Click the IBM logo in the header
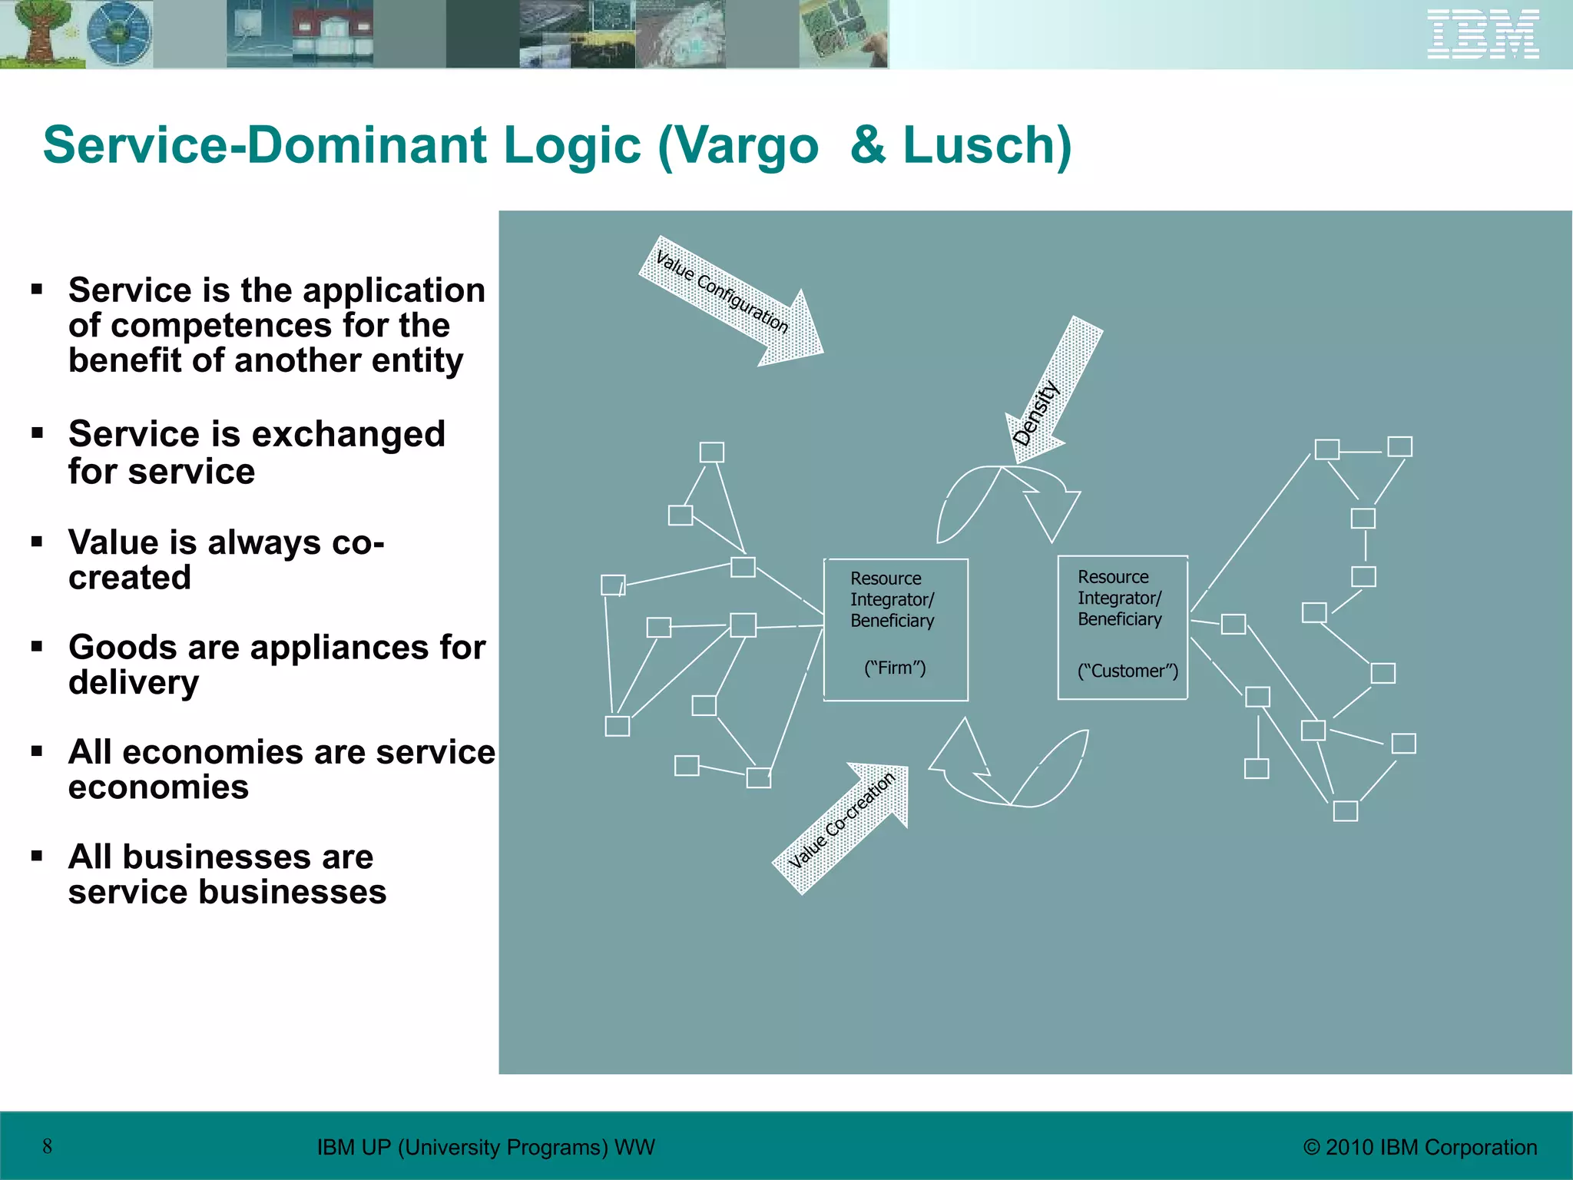point(1482,35)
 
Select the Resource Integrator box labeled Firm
point(896,629)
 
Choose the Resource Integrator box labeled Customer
point(1122,628)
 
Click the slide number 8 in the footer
point(48,1146)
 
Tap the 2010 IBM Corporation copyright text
point(1420,1147)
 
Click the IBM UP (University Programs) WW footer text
point(485,1147)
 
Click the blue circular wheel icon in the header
point(119,34)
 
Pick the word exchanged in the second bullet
point(349,434)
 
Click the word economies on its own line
point(158,787)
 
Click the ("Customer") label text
point(1127,671)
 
